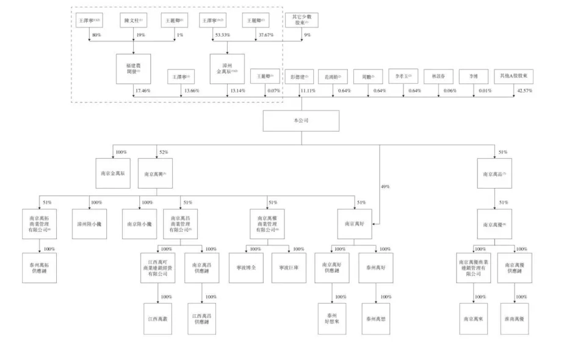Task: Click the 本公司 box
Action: coord(301,121)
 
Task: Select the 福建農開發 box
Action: coord(133,68)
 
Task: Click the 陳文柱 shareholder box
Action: coord(133,21)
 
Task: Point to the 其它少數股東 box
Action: coord(301,20)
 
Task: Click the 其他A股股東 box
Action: coord(513,77)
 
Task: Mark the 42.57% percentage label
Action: coord(524,91)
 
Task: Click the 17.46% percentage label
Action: coord(143,91)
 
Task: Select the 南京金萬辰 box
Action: coord(112,173)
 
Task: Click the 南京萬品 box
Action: coord(495,173)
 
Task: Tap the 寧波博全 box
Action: coord(246,268)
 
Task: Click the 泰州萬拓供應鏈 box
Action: coord(40,268)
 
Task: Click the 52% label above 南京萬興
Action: coord(163,151)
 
